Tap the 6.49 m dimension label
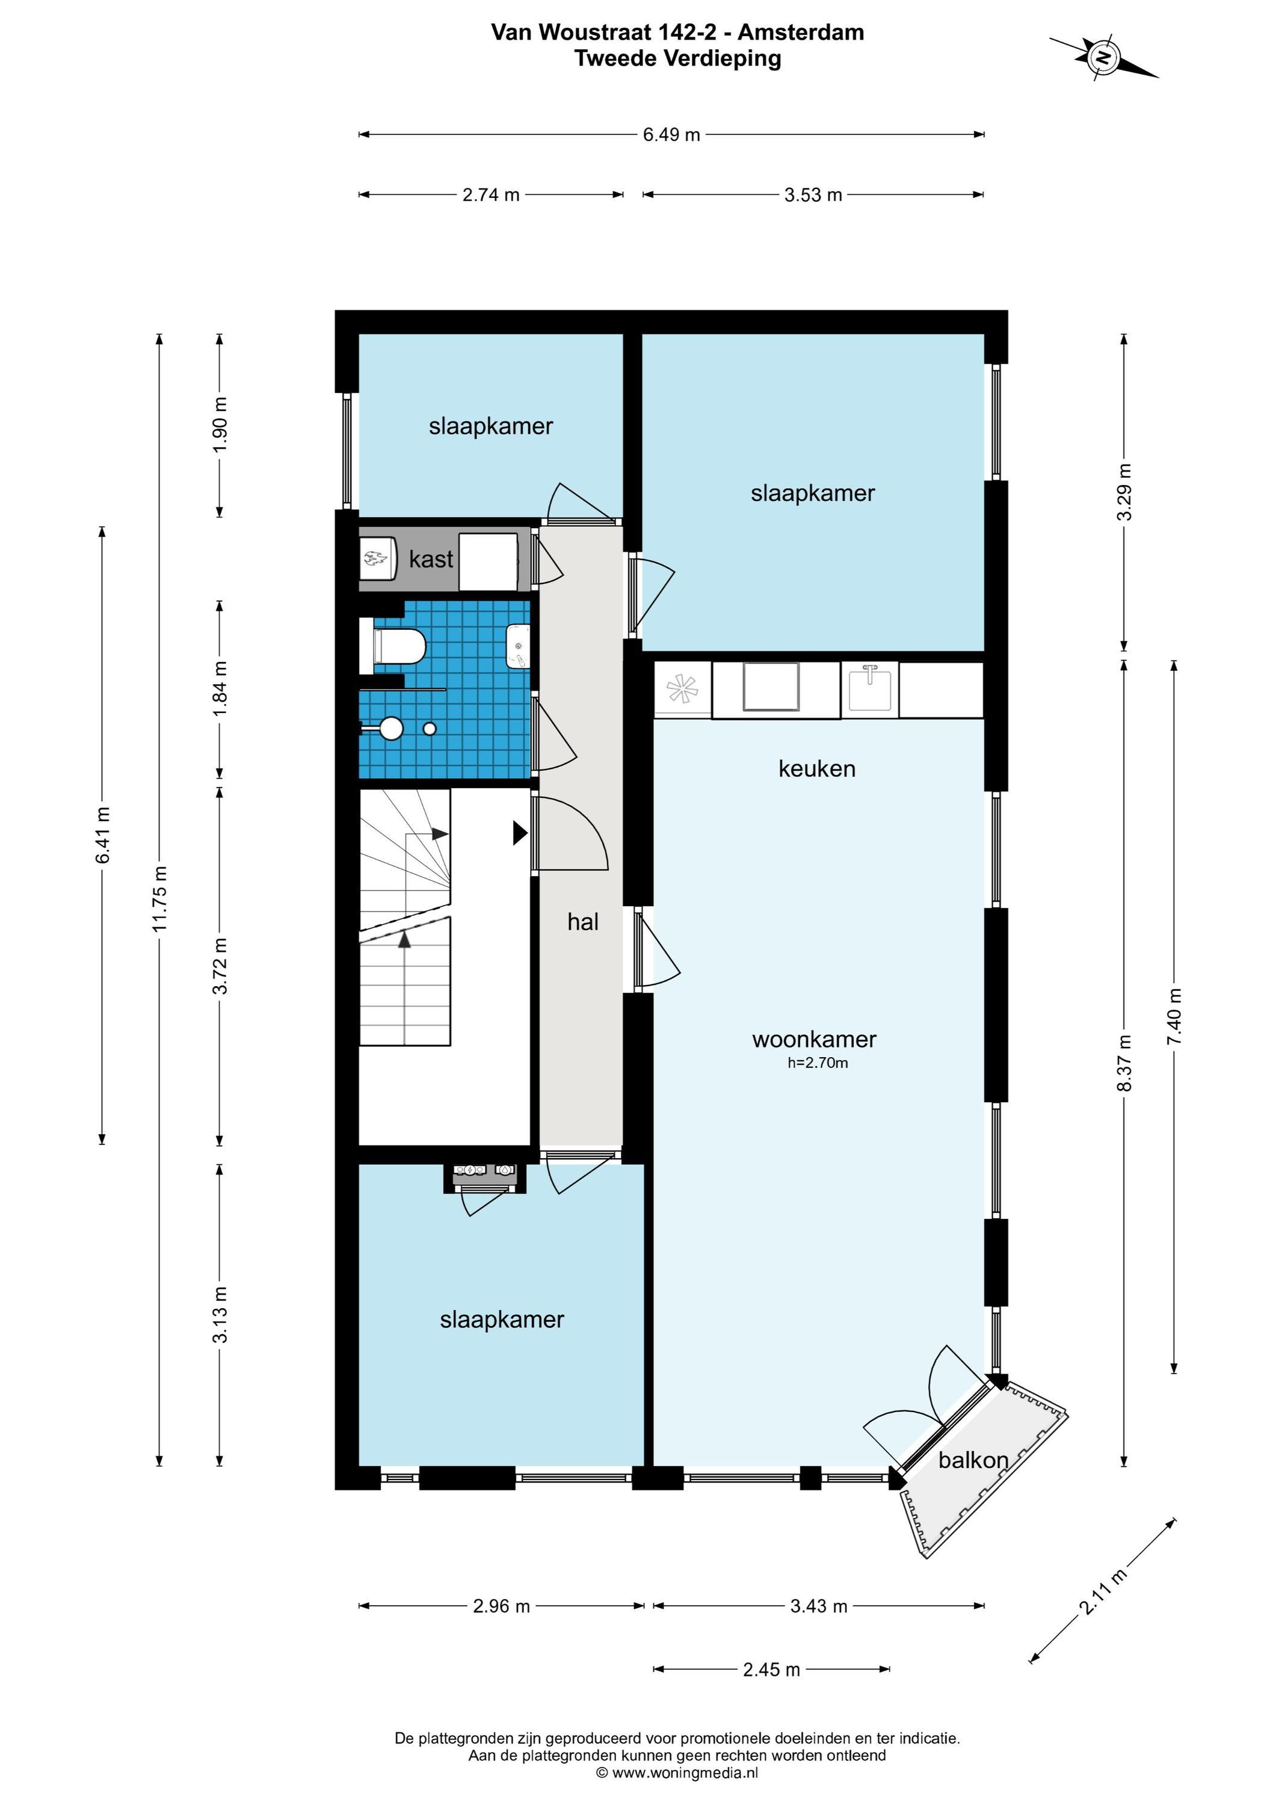tap(671, 134)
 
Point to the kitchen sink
tap(869, 689)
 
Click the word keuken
tap(817, 768)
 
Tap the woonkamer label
tap(815, 1039)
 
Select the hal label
tap(582, 921)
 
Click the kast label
tap(431, 559)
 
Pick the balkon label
tap(973, 1460)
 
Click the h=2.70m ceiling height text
tap(818, 1064)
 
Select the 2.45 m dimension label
tap(771, 1669)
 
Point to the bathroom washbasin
tap(518, 646)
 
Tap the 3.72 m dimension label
tap(220, 966)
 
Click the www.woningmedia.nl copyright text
tap(677, 1773)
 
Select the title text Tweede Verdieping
tap(677, 59)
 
